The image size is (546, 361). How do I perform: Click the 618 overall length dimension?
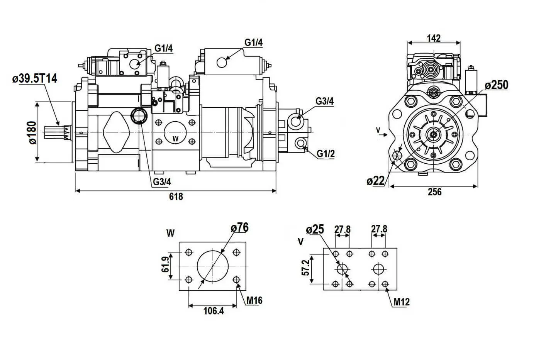pyautogui.click(x=176, y=197)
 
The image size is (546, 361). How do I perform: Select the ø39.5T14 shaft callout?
pyautogui.click(x=35, y=79)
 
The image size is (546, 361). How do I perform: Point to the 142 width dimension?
pyautogui.click(x=434, y=38)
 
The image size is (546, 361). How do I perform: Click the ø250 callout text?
pyautogui.click(x=497, y=85)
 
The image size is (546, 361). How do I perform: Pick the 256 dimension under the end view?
pyautogui.click(x=434, y=192)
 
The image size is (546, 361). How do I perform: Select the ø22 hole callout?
pyautogui.click(x=376, y=180)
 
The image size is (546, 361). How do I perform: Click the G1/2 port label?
pyautogui.click(x=326, y=154)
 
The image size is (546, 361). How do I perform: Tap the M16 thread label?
pyautogui.click(x=254, y=300)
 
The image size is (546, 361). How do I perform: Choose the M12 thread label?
pyautogui.click(x=401, y=302)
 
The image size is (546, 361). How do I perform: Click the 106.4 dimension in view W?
pyautogui.click(x=214, y=310)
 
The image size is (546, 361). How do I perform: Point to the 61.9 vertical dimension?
pyautogui.click(x=166, y=264)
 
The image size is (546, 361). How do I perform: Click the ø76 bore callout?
pyautogui.click(x=239, y=227)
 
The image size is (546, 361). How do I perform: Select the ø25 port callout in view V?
pyautogui.click(x=315, y=229)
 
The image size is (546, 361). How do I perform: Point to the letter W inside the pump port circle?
pyautogui.click(x=175, y=138)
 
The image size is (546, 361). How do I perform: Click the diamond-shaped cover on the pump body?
pyautogui.click(x=116, y=132)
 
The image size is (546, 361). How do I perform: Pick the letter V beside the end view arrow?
pyautogui.click(x=378, y=130)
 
